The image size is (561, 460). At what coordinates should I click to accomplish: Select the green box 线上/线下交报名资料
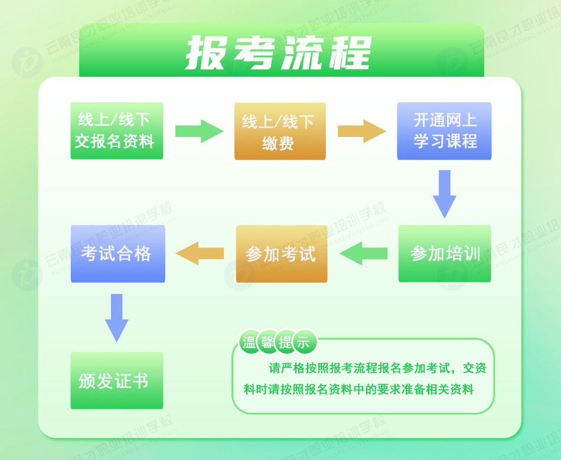116,131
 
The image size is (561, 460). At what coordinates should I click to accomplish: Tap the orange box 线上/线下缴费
280,132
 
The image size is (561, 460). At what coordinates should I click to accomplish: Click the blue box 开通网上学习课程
444,131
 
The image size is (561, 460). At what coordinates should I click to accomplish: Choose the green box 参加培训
444,253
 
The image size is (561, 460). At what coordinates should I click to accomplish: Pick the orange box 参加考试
281,253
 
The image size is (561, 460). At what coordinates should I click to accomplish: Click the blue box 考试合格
117,253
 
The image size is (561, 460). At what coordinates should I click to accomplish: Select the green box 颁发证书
116,380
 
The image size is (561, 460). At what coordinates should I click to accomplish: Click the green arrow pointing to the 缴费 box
199,131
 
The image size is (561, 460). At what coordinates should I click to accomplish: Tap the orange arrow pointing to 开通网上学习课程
361,131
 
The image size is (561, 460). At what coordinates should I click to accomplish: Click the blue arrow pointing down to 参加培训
445,193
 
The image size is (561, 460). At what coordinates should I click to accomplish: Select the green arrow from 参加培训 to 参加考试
363,253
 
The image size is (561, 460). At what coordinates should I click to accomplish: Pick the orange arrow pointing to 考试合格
200,253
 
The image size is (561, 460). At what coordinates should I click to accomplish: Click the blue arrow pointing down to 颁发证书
116,317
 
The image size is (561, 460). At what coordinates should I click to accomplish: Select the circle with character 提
286,341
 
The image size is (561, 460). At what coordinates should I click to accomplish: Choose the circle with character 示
304,341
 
